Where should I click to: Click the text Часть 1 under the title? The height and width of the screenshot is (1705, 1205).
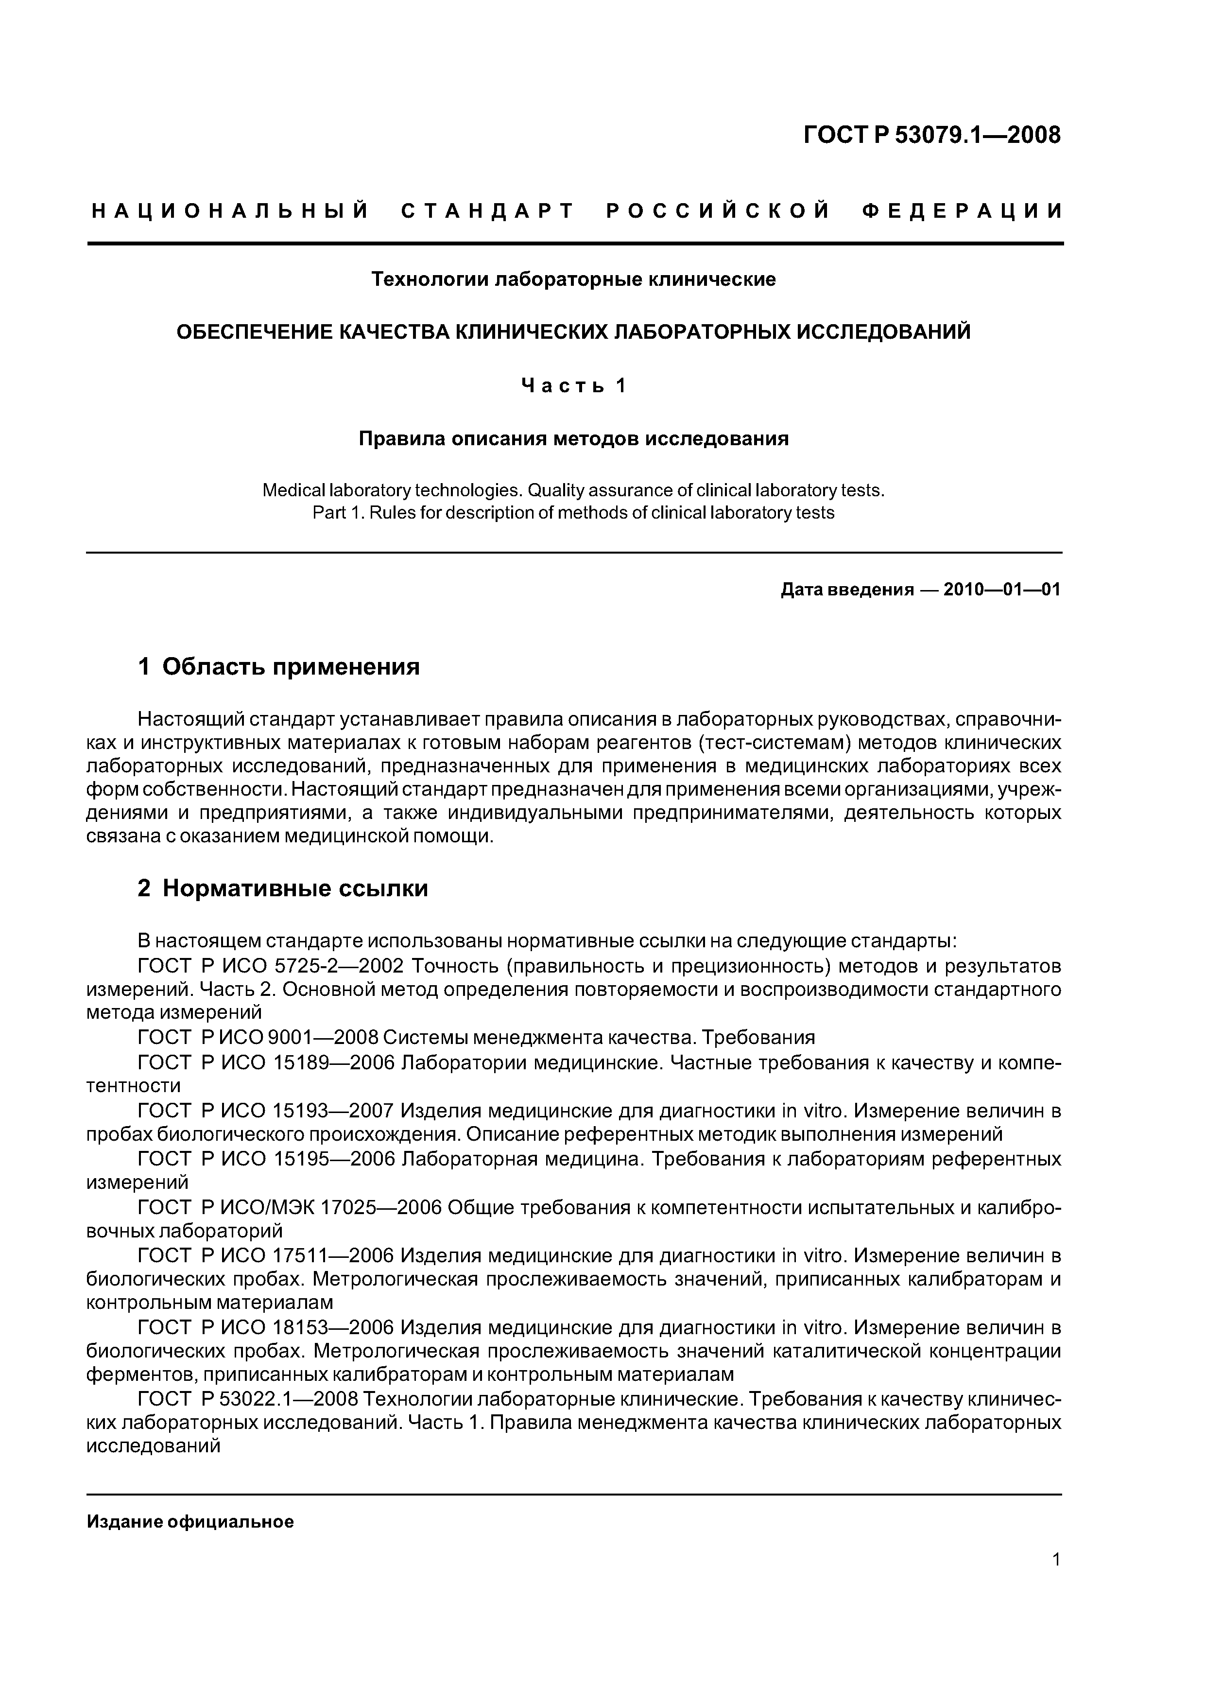(x=573, y=385)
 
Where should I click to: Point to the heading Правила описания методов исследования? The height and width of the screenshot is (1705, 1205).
(x=573, y=439)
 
